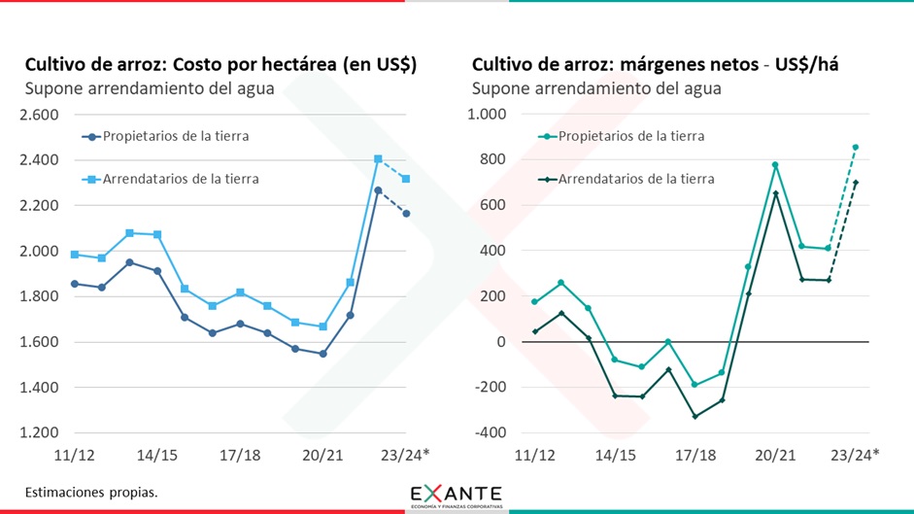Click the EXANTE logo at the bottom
click(457, 495)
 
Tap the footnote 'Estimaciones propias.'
click(91, 492)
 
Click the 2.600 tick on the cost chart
click(39, 115)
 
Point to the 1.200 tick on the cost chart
click(39, 433)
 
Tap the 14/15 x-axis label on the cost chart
click(156, 455)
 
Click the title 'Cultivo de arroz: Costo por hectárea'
click(220, 65)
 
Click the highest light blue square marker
click(378, 158)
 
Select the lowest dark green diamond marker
click(695, 416)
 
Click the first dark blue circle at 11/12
click(74, 284)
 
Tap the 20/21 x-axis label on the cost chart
click(322, 455)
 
